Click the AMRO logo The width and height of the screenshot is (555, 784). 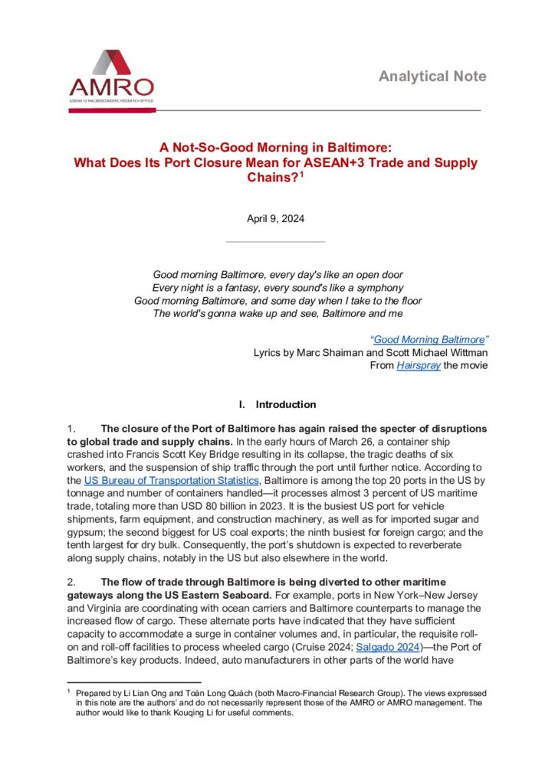(111, 80)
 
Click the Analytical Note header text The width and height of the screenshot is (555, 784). (432, 77)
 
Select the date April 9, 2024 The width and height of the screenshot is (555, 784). (275, 218)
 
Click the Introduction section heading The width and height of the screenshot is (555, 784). (285, 404)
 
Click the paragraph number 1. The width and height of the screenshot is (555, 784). (70, 428)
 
